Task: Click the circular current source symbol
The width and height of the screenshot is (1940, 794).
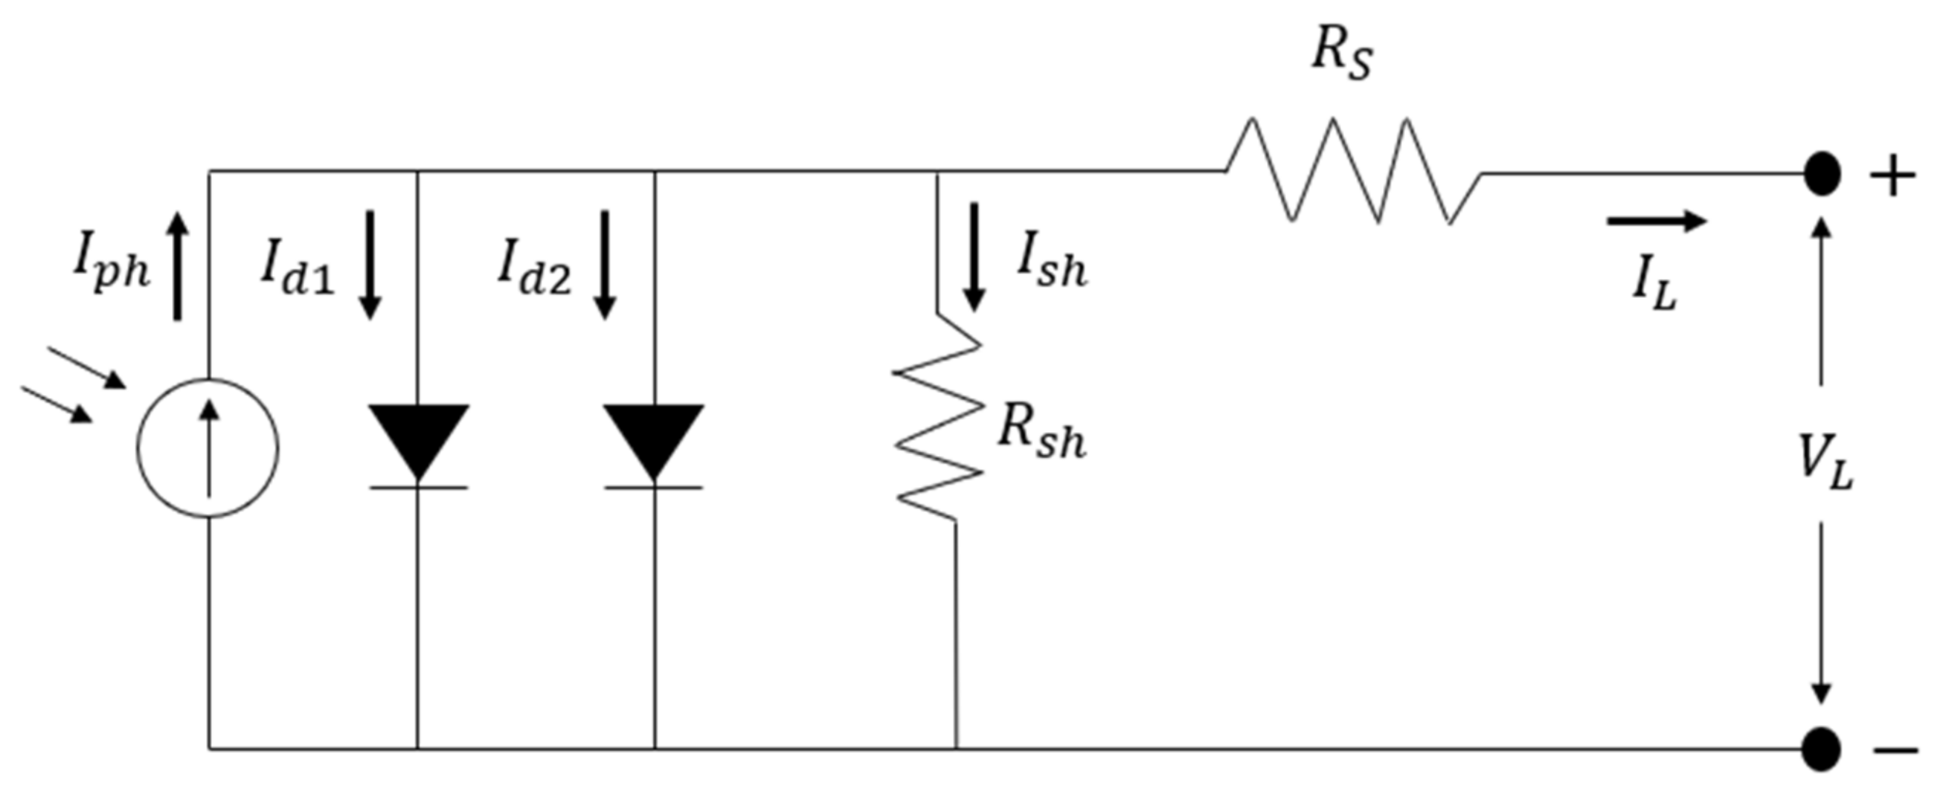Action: point(208,448)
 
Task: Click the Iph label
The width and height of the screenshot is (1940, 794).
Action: point(112,268)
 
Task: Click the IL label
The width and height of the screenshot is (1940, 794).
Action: point(1654,287)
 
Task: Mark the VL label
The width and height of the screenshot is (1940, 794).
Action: point(1825,464)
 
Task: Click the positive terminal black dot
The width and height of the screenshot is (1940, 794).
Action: point(1822,174)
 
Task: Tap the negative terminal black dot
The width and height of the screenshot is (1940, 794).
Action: point(1822,749)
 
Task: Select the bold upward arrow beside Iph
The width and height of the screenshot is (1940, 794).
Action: point(178,266)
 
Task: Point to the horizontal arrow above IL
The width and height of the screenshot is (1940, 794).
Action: point(1657,222)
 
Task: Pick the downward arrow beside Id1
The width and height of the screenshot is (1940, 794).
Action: point(370,265)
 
